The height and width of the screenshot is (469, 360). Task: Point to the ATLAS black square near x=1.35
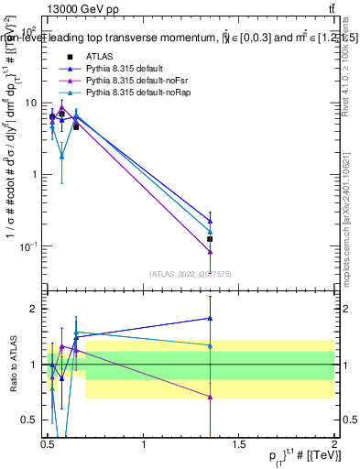coord(211,239)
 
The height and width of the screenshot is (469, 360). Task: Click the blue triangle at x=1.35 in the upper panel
coord(211,221)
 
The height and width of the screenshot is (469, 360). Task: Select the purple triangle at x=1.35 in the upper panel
coord(211,252)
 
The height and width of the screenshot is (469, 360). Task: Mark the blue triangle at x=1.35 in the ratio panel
coord(211,318)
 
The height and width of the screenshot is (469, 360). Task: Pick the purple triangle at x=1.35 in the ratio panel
coord(211,397)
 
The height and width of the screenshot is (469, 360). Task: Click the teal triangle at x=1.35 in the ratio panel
coord(211,345)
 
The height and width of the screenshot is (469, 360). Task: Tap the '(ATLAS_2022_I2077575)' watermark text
coord(191,272)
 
